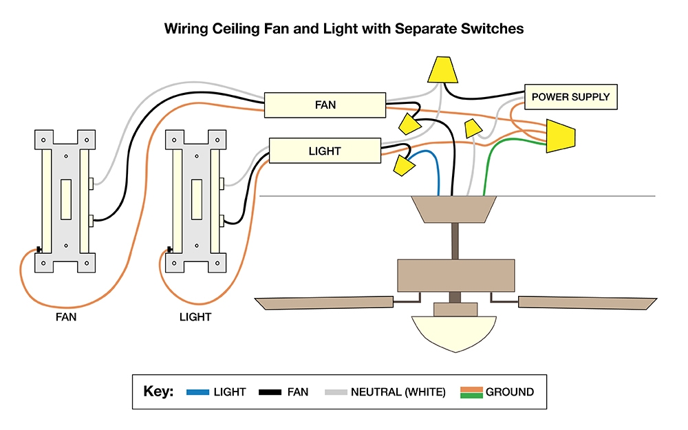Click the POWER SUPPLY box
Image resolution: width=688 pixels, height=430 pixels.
point(570,97)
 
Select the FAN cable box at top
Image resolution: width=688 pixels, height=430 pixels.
point(325,105)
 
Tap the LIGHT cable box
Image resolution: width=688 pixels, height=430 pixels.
point(325,151)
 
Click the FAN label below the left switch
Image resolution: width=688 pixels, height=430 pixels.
point(66,317)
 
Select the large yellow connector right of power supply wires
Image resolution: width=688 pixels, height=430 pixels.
point(560,136)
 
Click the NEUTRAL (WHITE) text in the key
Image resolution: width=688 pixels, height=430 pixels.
point(398,392)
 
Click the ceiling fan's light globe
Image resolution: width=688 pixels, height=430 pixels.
point(455,334)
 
